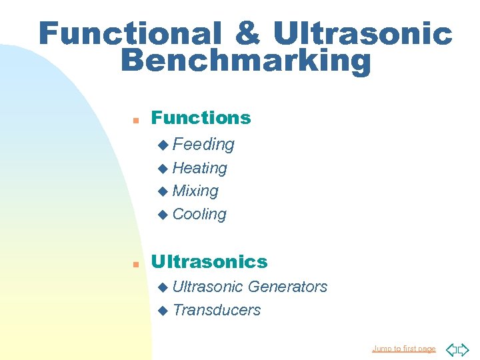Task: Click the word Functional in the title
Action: pyautogui.click(x=129, y=33)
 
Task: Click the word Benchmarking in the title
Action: pyautogui.click(x=245, y=61)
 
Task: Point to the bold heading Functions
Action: pyautogui.click(x=201, y=118)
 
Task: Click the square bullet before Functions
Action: pyautogui.click(x=135, y=121)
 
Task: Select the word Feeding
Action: pyautogui.click(x=203, y=144)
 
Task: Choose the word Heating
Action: pyautogui.click(x=199, y=168)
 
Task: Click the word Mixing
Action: pyautogui.click(x=195, y=191)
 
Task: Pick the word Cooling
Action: pyautogui.click(x=199, y=214)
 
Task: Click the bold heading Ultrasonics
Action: pyautogui.click(x=209, y=261)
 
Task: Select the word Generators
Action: pyautogui.click(x=287, y=287)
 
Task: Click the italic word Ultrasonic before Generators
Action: pyautogui.click(x=207, y=287)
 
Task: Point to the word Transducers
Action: pyautogui.click(x=216, y=310)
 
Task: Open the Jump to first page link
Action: pyautogui.click(x=403, y=349)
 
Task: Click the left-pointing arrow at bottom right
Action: pyautogui.click(x=451, y=349)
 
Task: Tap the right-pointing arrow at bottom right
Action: pyautogui.click(x=464, y=349)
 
